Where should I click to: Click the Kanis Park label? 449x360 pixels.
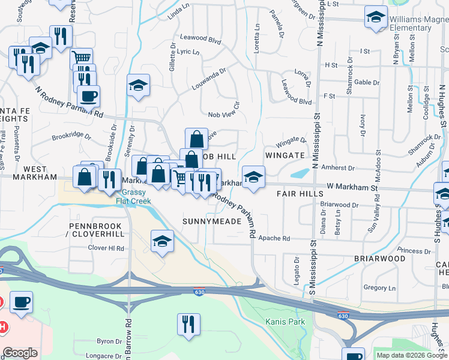click(285, 322)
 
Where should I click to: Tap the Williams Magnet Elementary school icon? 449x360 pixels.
click(376, 19)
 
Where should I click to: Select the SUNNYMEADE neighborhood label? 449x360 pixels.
click(212, 221)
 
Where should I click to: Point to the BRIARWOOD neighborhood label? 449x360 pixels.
click(379, 259)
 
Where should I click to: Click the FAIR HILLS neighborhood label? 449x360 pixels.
click(300, 194)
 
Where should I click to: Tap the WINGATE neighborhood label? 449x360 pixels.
click(285, 155)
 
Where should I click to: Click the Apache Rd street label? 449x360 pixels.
click(274, 238)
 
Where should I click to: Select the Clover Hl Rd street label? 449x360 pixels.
click(106, 248)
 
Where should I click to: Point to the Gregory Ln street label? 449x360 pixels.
click(379, 288)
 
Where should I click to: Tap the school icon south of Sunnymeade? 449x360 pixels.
click(162, 241)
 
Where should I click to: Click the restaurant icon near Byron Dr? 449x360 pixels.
click(188, 324)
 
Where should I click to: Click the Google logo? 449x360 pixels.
click(20, 353)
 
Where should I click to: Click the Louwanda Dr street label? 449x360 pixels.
click(208, 79)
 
